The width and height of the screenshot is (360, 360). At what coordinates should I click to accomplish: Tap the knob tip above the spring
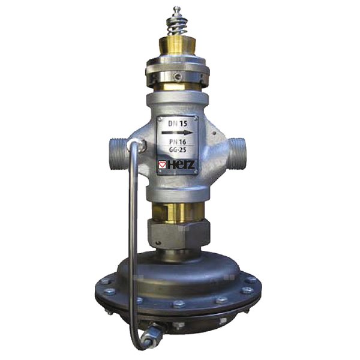[x=177, y=10]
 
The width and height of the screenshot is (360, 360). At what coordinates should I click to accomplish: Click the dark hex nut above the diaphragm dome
[x=178, y=234]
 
